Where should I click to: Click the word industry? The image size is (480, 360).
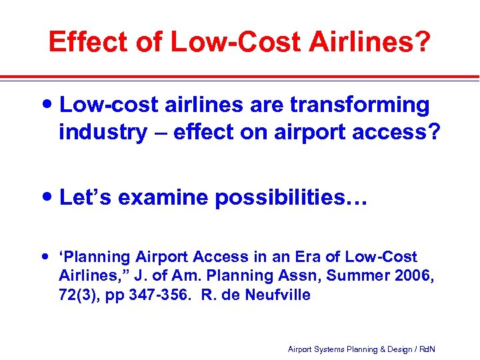102,132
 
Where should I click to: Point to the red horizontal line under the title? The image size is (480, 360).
240,77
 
